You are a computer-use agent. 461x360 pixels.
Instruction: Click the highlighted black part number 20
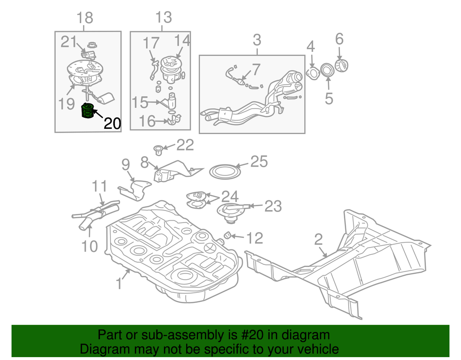click(112, 124)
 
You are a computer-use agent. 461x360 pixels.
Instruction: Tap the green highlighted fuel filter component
click(87, 111)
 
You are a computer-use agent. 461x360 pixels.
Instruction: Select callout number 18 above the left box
click(85, 18)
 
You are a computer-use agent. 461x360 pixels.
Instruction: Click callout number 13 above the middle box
click(163, 17)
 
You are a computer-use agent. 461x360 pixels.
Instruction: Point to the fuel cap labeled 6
click(341, 65)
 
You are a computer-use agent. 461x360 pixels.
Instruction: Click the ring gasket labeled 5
click(327, 70)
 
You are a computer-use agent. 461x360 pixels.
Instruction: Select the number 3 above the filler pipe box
click(257, 40)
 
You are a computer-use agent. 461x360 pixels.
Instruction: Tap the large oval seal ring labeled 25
click(225, 172)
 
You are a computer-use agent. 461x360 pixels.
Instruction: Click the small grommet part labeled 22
click(158, 150)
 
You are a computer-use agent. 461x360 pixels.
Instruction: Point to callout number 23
click(273, 206)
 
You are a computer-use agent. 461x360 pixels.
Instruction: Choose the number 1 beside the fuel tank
click(119, 284)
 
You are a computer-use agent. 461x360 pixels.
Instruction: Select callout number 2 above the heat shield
click(319, 240)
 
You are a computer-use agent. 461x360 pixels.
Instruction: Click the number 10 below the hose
click(89, 246)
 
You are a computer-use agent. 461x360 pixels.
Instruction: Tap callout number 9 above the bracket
click(125, 164)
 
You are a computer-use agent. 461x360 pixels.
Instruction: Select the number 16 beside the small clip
click(147, 121)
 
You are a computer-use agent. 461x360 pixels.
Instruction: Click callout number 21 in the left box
click(69, 42)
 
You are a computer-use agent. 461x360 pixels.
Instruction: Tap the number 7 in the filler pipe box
click(256, 70)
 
